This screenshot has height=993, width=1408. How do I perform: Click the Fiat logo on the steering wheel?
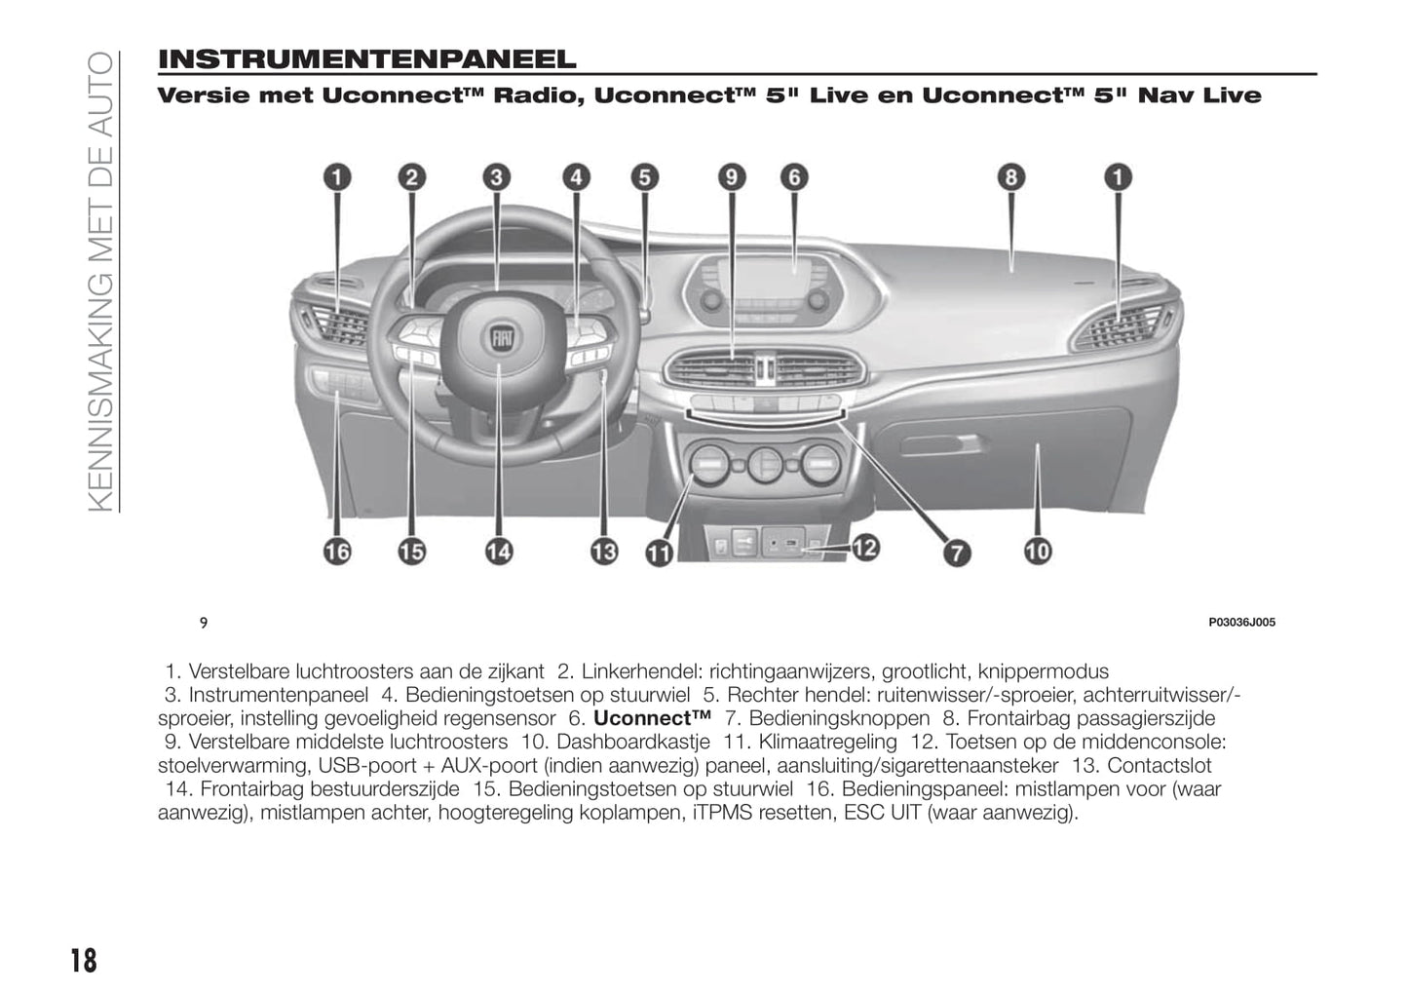(x=502, y=339)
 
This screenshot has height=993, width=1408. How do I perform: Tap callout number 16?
(x=337, y=552)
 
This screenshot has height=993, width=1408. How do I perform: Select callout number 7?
(x=957, y=554)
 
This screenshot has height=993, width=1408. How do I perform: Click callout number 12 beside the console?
(x=865, y=548)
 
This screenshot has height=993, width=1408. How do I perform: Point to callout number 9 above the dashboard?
(x=732, y=177)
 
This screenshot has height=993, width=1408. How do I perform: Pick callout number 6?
(x=794, y=177)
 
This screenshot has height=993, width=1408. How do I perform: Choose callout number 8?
(x=1011, y=177)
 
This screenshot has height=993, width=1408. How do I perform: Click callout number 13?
(x=604, y=552)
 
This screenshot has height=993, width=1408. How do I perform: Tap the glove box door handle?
(x=940, y=444)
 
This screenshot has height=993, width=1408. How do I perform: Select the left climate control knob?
(x=709, y=465)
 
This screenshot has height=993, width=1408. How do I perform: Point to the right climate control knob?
(x=820, y=465)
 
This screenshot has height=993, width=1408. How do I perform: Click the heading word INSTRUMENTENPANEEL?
(x=367, y=59)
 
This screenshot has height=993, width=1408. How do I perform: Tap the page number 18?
(x=84, y=961)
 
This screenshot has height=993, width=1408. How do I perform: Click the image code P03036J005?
(x=1242, y=622)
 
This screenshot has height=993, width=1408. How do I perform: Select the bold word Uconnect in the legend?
(x=653, y=718)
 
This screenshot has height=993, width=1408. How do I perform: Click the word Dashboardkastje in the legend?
(x=633, y=742)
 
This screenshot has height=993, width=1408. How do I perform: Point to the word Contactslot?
(x=1160, y=766)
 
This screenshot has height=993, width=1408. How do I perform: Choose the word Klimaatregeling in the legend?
(x=828, y=742)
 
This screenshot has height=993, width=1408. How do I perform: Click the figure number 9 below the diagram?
(x=204, y=623)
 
